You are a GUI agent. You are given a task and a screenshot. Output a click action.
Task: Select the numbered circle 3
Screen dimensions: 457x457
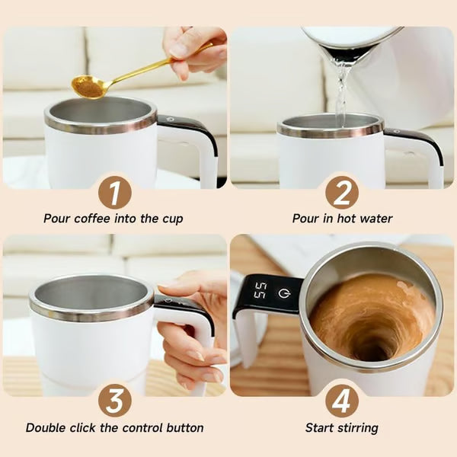pyautogui.click(x=113, y=401)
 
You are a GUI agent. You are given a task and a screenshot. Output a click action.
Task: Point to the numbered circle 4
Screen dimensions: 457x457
pyautogui.click(x=342, y=401)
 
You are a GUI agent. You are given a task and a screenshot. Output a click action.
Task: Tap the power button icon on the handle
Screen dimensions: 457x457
pyautogui.click(x=283, y=292)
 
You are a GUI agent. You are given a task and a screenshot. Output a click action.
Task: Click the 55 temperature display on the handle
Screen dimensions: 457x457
pyautogui.click(x=260, y=290)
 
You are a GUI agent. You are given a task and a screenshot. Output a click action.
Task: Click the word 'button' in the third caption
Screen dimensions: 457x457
pyautogui.click(x=184, y=428)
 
